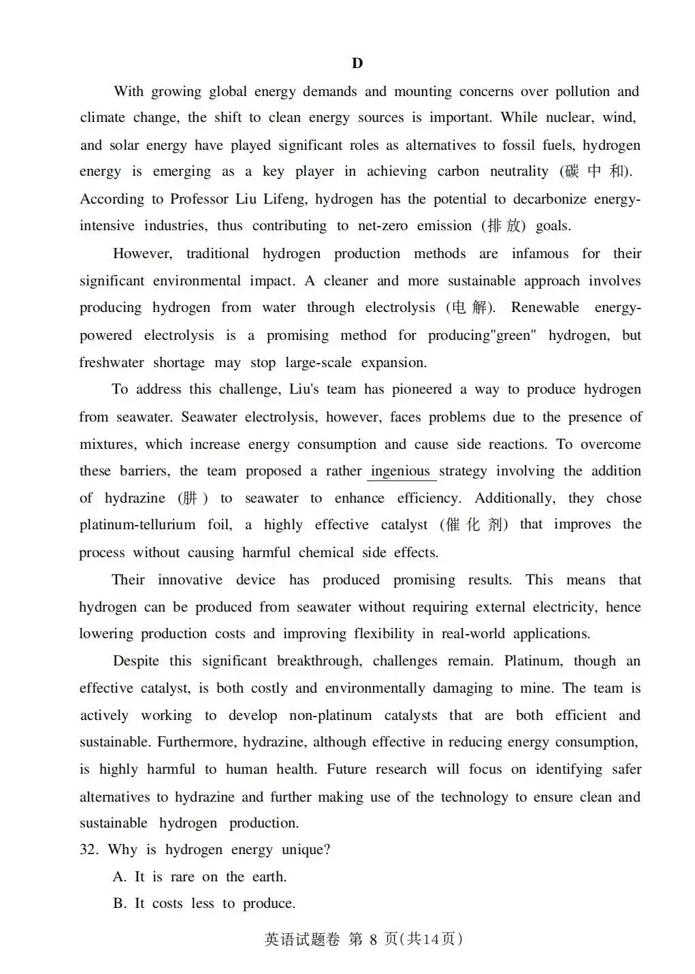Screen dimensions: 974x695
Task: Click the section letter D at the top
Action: [x=357, y=63]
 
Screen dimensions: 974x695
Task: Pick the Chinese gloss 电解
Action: [x=470, y=307]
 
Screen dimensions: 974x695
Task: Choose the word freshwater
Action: [x=111, y=362]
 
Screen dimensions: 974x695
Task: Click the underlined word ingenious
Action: [x=400, y=471]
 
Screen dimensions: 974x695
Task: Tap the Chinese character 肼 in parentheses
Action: [x=189, y=498]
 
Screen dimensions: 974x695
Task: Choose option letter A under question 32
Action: [x=120, y=877]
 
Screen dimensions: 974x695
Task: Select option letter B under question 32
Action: [x=120, y=904]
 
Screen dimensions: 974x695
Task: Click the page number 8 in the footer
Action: [x=373, y=940]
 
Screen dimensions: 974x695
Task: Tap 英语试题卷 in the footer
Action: [x=302, y=940]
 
